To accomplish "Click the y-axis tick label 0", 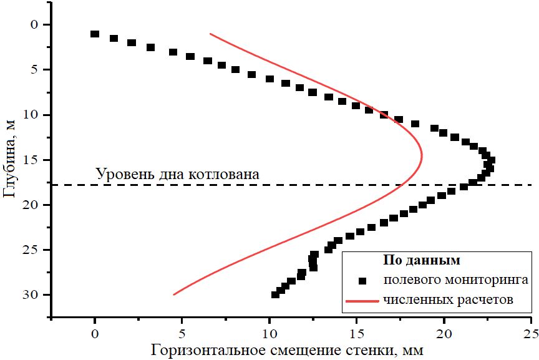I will coord(34,24).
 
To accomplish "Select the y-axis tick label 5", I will coord(34,69).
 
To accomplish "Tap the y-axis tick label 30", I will coord(31,294).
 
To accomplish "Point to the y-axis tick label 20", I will coord(31,205).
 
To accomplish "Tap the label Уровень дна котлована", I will coord(177,174).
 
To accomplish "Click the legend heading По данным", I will coord(421,259).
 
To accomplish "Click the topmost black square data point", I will coord(95,34).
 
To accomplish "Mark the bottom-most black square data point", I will coord(275,294).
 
